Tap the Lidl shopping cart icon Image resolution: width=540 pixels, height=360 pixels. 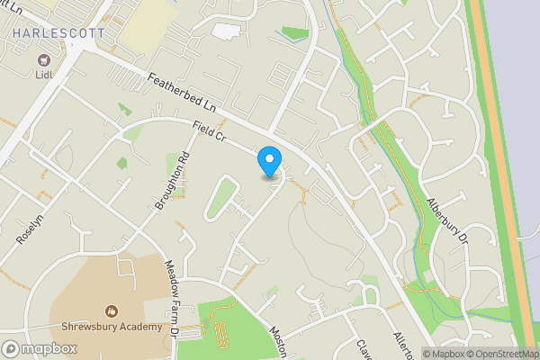(41, 60)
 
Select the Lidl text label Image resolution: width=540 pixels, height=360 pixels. (41, 74)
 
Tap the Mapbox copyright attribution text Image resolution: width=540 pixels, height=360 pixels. (441, 354)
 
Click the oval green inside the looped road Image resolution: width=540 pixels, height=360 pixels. (221, 198)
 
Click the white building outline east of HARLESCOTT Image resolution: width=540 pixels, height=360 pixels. (226, 30)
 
